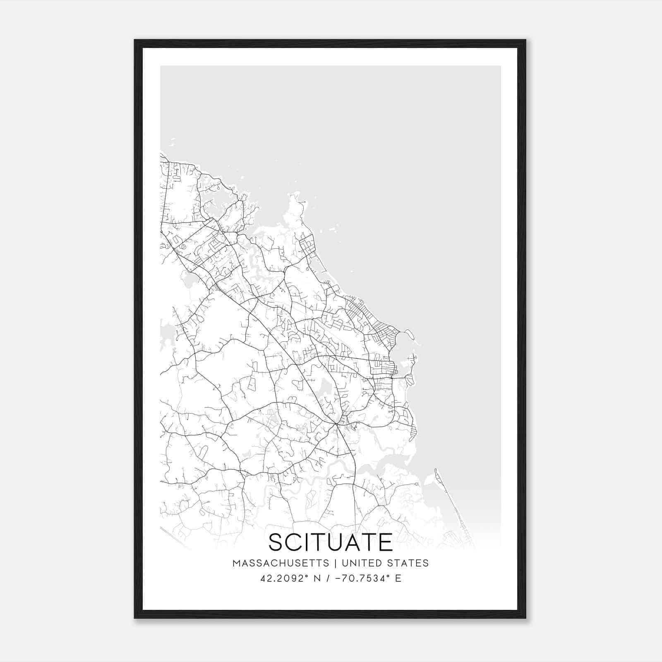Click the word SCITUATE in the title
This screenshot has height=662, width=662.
point(331,542)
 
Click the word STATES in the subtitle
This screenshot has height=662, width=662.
point(408,563)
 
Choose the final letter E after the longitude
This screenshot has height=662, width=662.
point(398,578)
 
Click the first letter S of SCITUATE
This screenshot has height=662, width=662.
point(276,542)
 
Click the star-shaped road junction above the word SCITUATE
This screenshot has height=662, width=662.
point(337,424)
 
